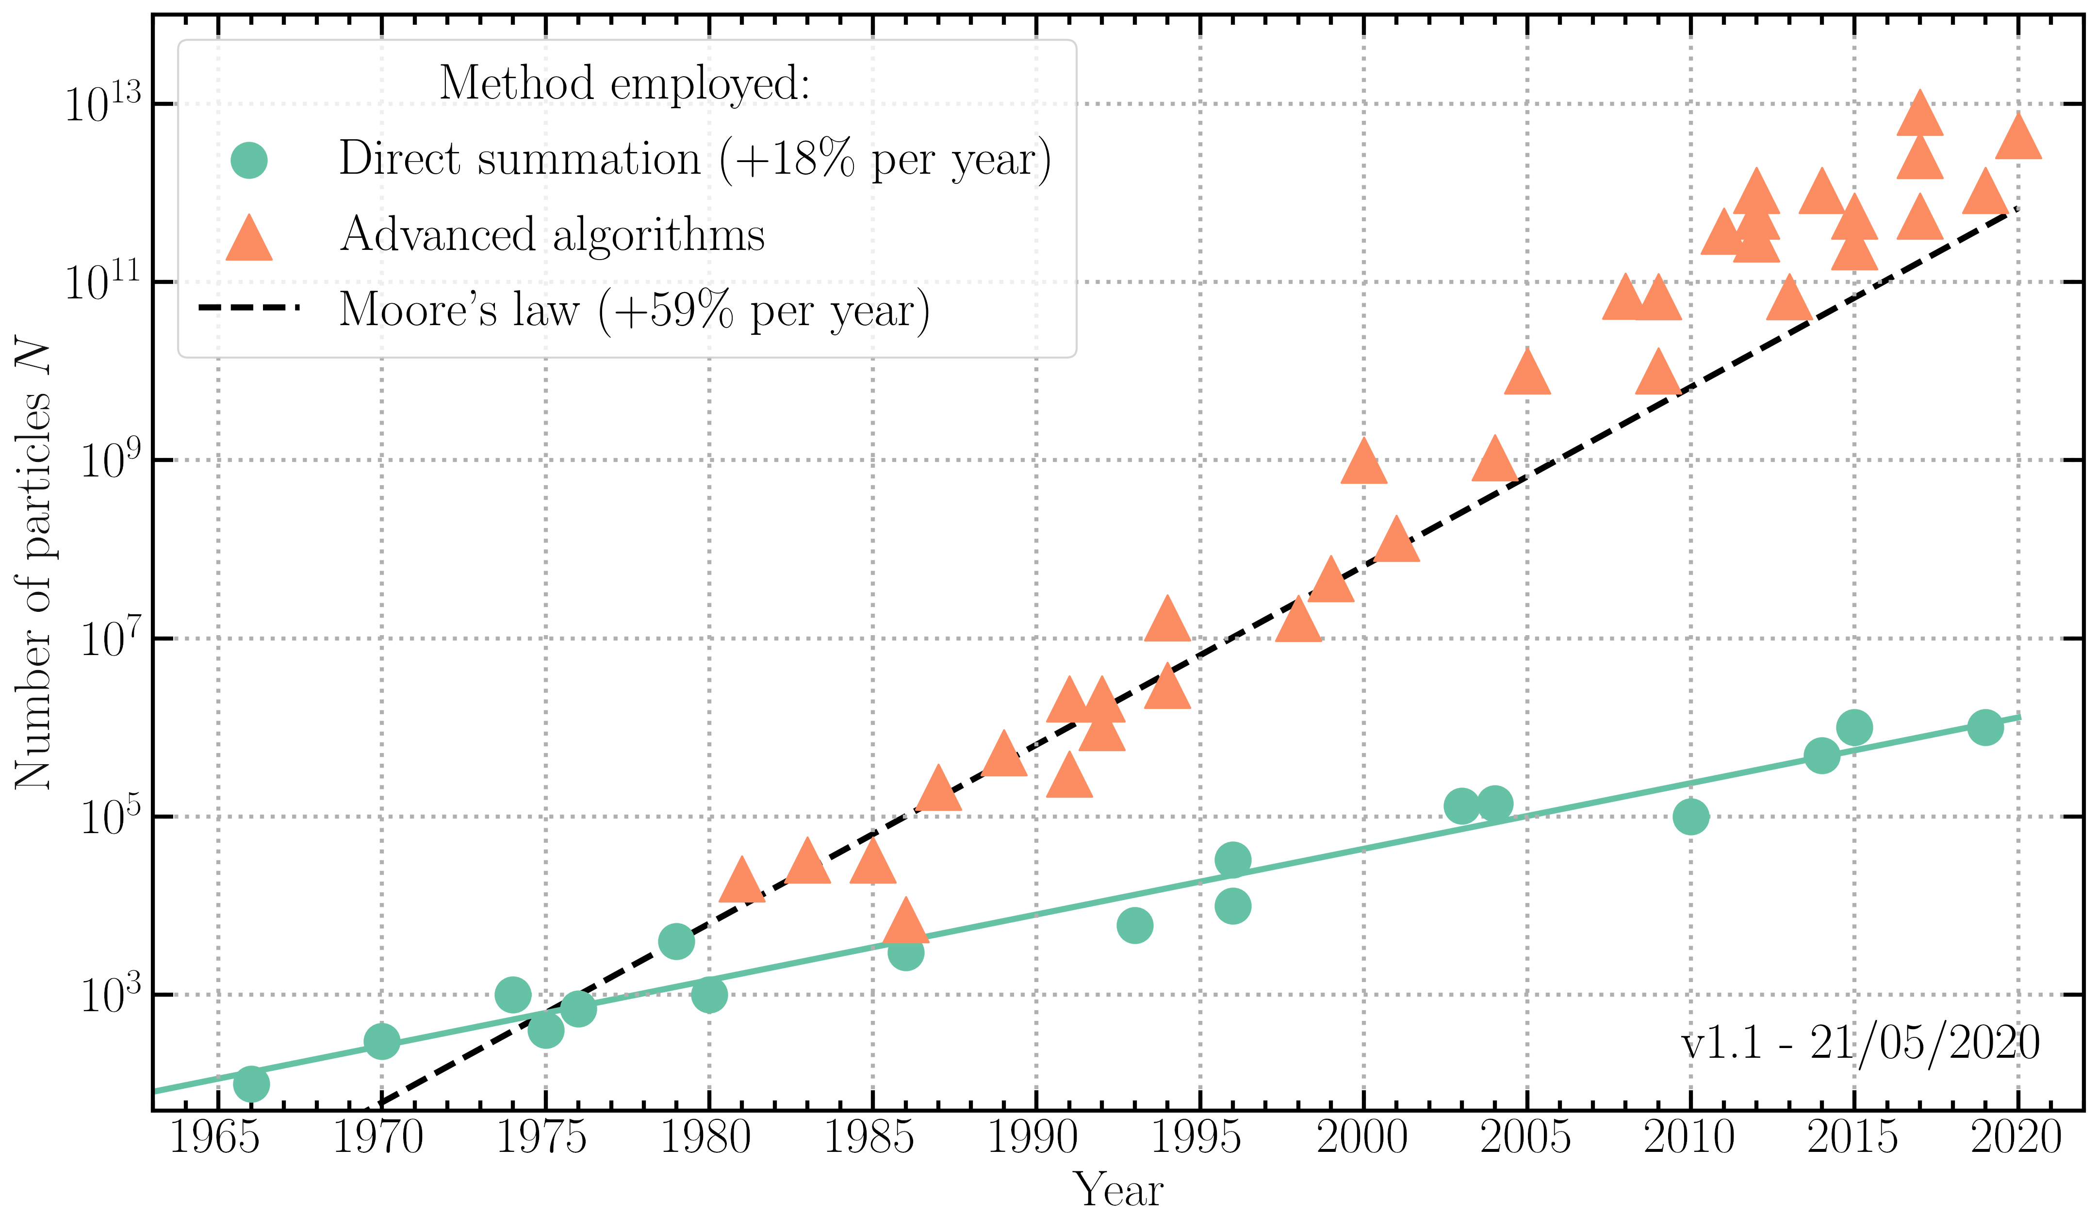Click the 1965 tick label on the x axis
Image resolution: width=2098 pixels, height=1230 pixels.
coord(215,1137)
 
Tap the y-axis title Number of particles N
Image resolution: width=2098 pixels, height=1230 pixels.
coord(33,566)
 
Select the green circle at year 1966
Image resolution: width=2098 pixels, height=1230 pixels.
coord(250,1083)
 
